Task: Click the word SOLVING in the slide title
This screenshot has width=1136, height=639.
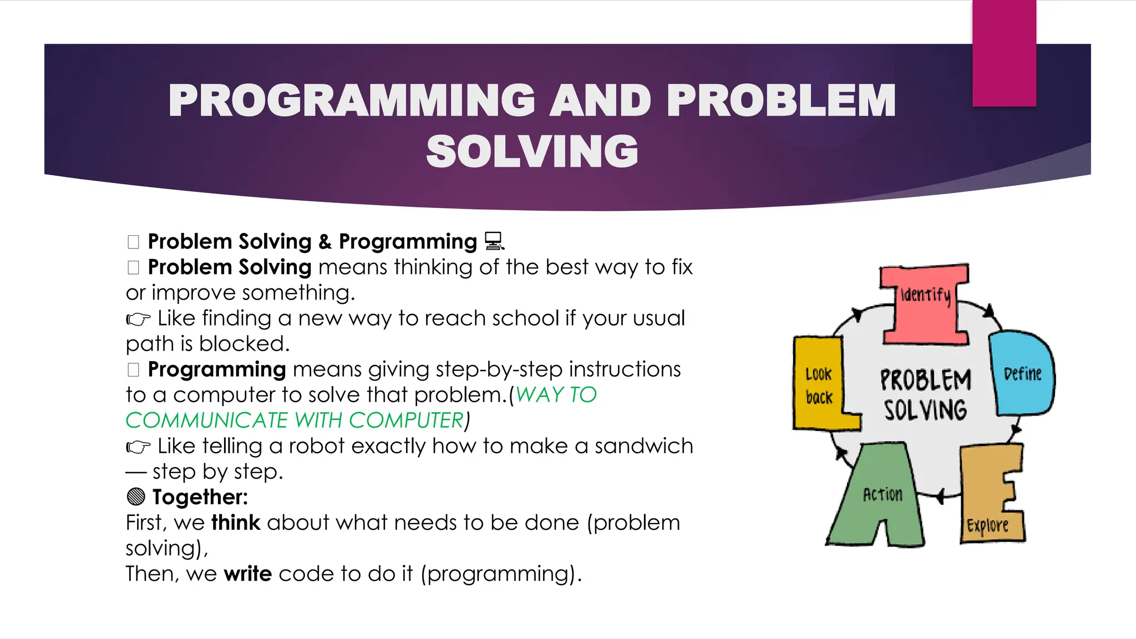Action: pyautogui.click(x=532, y=151)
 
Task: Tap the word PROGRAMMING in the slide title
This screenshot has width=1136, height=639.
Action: pyautogui.click(x=352, y=101)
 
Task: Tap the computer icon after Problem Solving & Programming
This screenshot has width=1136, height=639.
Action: pyautogui.click(x=494, y=241)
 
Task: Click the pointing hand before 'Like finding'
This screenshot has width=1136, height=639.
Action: pyautogui.click(x=138, y=319)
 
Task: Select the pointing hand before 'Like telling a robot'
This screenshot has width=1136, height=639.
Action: pyautogui.click(x=138, y=447)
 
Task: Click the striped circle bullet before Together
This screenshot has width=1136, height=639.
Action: pyautogui.click(x=136, y=496)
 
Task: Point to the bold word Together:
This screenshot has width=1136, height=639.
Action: pyautogui.click(x=200, y=497)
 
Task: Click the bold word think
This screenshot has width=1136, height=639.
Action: pyautogui.click(x=236, y=523)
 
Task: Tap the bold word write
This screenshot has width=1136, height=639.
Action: pyautogui.click(x=247, y=574)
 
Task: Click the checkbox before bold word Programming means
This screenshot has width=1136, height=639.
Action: pyautogui.click(x=133, y=369)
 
